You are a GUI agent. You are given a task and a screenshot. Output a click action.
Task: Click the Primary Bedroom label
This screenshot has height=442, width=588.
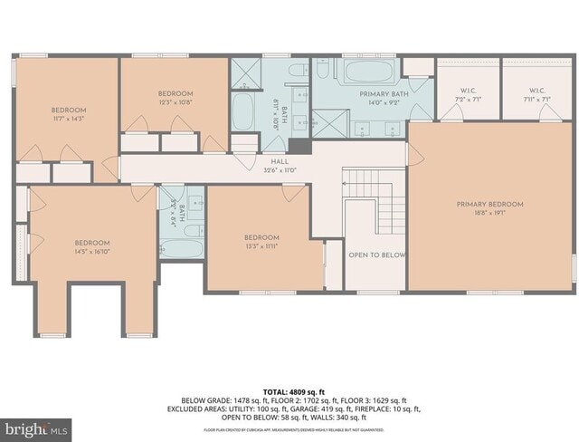click(489, 205)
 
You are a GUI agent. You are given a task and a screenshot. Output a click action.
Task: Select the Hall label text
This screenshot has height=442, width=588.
click(280, 164)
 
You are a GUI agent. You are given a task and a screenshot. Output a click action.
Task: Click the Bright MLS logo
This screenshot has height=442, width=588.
click(37, 426)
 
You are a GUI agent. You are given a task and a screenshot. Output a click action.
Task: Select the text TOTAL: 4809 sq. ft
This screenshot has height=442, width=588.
click(293, 391)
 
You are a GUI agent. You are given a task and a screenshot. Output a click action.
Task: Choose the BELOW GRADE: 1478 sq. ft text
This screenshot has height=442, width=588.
click(216, 400)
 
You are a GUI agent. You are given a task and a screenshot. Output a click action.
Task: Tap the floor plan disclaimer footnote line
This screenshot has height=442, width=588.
click(293, 428)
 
